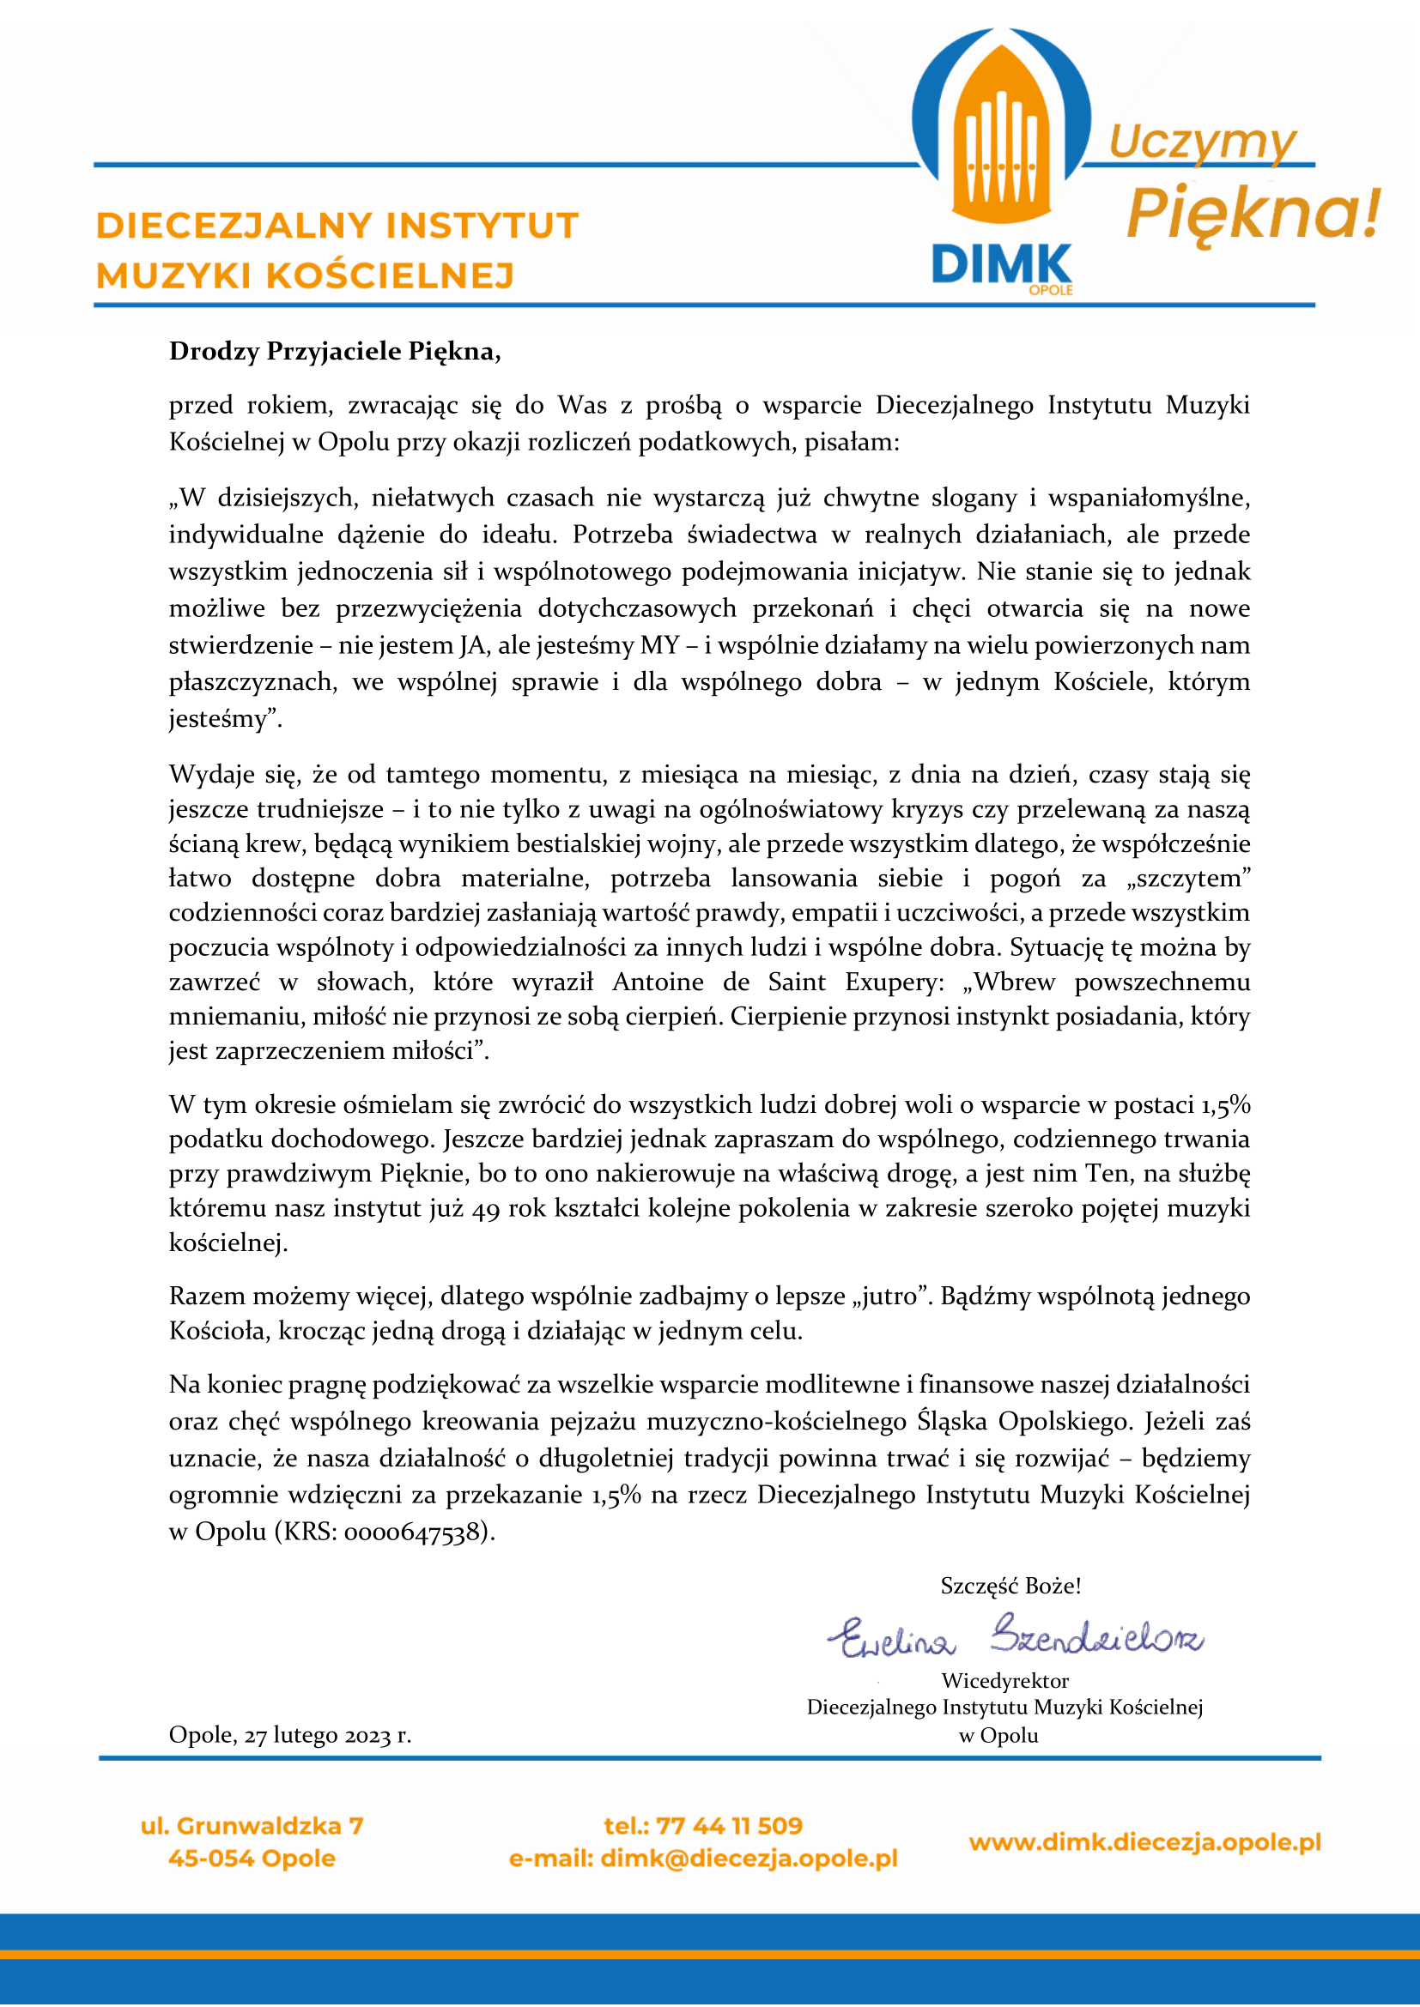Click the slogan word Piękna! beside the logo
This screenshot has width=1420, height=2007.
click(x=1253, y=214)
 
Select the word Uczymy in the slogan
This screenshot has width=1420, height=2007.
click(x=1202, y=142)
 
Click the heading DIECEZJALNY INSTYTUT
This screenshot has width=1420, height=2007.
click(x=337, y=226)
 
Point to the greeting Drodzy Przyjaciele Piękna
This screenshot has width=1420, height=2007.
click(x=335, y=352)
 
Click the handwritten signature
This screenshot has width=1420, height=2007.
click(x=1014, y=1635)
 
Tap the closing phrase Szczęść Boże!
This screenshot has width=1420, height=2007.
click(x=1010, y=1586)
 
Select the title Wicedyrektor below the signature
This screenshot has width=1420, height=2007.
click(x=1004, y=1681)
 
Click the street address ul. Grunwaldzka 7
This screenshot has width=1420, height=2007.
click(x=252, y=1826)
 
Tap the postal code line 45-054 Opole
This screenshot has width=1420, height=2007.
click(x=252, y=1859)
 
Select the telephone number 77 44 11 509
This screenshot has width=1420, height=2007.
click(x=728, y=1826)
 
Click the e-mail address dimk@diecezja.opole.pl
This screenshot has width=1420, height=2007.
click(x=749, y=1859)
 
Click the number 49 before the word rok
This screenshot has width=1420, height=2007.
click(x=485, y=1209)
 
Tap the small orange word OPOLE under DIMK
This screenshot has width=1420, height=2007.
click(x=1050, y=290)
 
